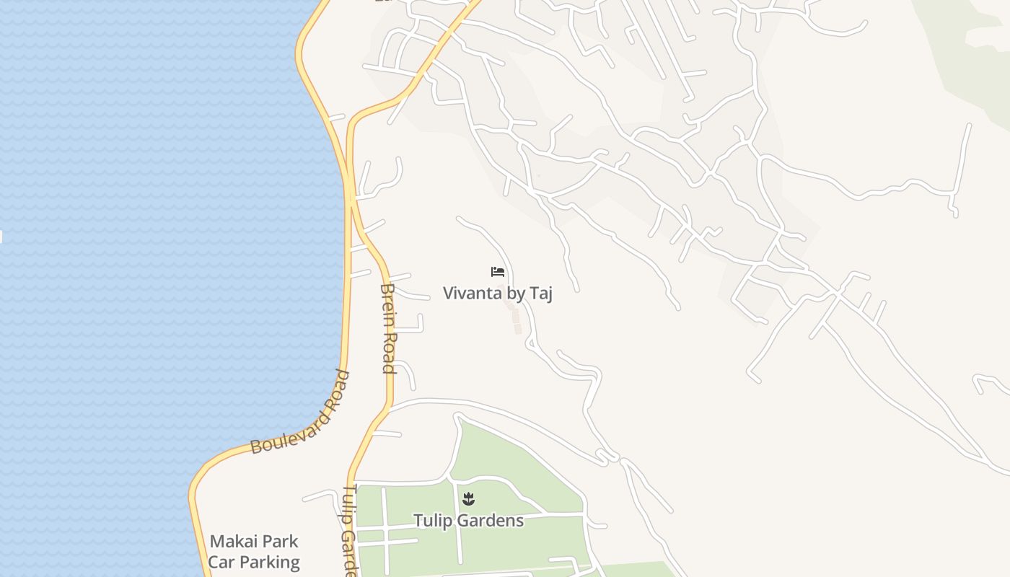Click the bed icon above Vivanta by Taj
[x=497, y=272]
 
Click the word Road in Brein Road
[x=389, y=352]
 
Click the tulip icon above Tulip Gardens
[x=468, y=498]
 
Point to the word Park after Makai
[x=279, y=542]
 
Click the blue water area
[x=144, y=252]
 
